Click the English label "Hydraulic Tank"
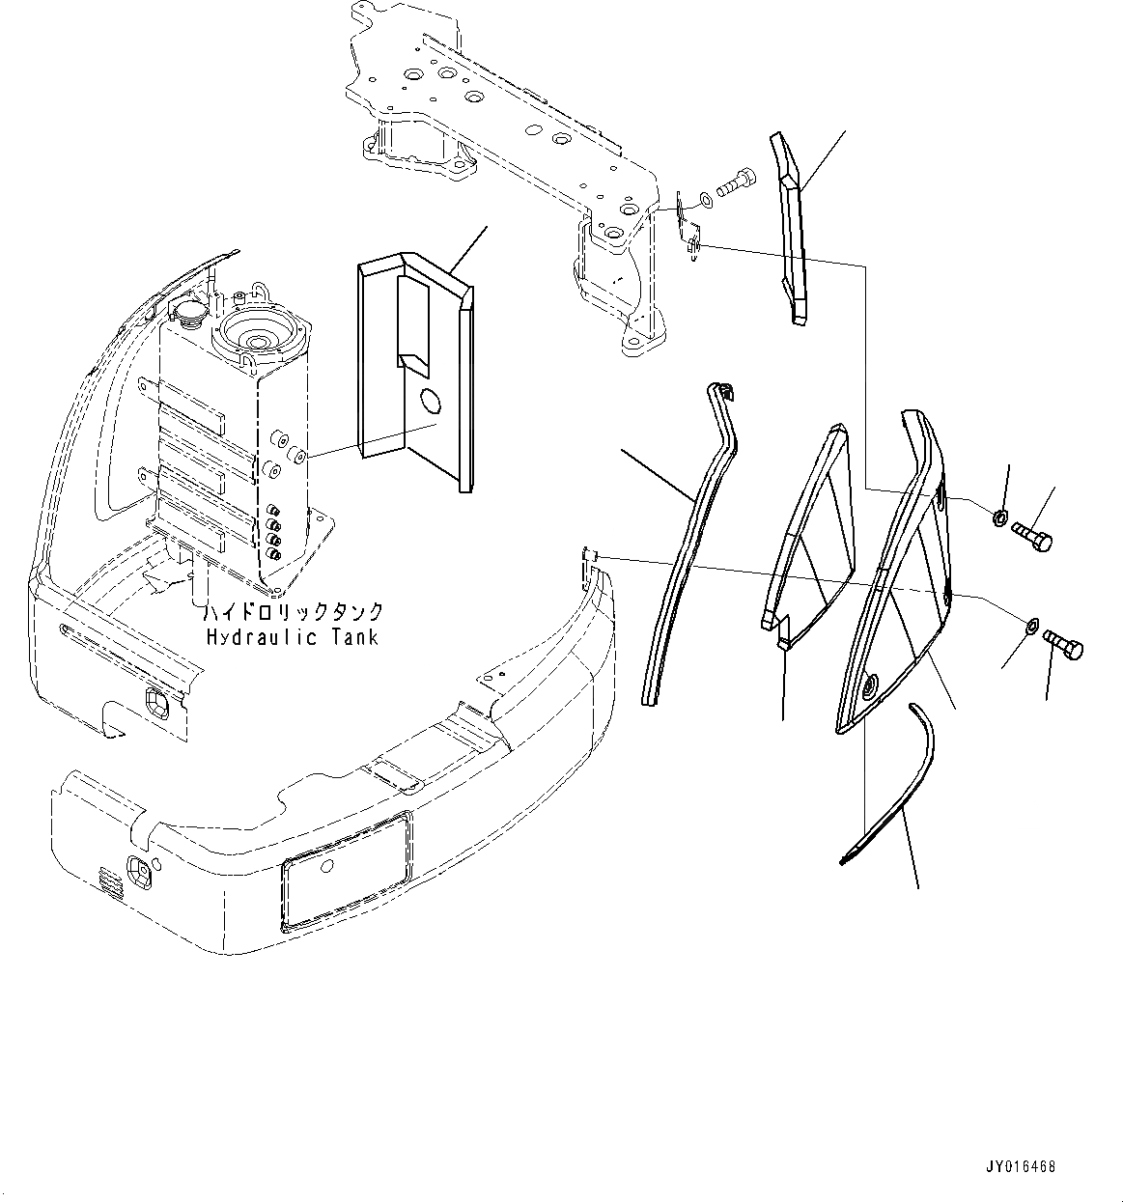(x=292, y=637)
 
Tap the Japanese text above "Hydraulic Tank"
(x=292, y=612)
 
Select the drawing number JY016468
(x=1023, y=1167)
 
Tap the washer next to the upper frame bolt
(x=708, y=199)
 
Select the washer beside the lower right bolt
(x=1031, y=629)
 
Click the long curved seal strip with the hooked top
(x=690, y=541)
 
